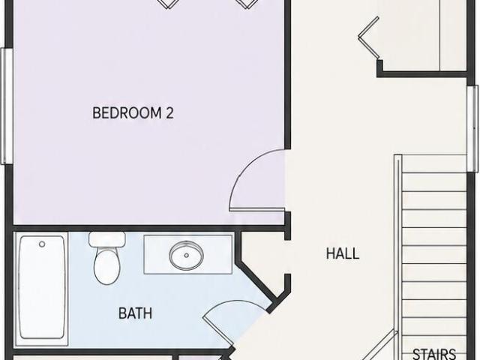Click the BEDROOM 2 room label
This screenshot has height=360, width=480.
(133, 112)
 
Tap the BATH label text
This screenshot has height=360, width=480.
(135, 313)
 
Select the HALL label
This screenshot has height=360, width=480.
(343, 253)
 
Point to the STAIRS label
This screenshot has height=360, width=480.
(434, 354)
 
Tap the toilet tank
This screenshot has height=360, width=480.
(107, 239)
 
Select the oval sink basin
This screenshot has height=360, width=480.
(187, 255)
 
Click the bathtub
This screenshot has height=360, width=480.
(41, 288)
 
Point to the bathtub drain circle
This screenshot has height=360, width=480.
(42, 244)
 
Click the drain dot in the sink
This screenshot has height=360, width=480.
(187, 255)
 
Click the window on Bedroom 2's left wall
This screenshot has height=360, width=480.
(7, 106)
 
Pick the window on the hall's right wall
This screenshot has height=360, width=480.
(472, 128)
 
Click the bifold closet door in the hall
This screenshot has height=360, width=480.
(369, 37)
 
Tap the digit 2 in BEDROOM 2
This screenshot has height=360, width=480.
(169, 112)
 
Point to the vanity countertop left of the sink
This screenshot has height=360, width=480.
(157, 255)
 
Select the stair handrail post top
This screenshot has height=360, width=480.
(397, 157)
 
